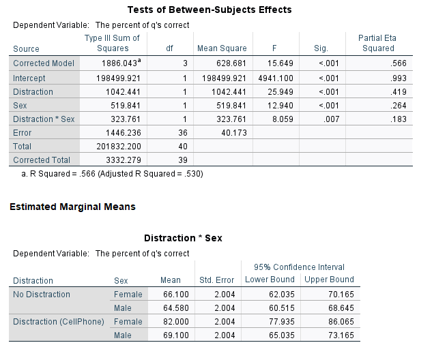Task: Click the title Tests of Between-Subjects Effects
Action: tap(210, 10)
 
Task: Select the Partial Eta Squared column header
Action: tap(377, 43)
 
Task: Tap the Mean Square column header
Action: tap(222, 48)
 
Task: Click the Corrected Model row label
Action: tap(44, 63)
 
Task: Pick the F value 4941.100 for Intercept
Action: tap(276, 78)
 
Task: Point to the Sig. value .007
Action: tap(331, 119)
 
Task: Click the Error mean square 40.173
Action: tap(234, 133)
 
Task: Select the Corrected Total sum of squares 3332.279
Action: tap(124, 160)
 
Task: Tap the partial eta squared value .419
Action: tap(399, 92)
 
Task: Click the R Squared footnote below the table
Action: tap(112, 174)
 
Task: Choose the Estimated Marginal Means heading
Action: tap(72, 207)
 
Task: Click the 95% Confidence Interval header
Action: tap(299, 267)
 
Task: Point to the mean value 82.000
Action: tap(176, 322)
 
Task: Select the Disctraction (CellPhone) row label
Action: tap(59, 322)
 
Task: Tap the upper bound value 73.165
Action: tap(341, 335)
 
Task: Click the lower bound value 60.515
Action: tap(282, 308)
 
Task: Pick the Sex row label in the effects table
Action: tap(20, 106)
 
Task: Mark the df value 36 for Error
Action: tap(183, 133)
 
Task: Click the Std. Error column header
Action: tap(216, 280)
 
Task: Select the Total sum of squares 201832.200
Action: tap(119, 147)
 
